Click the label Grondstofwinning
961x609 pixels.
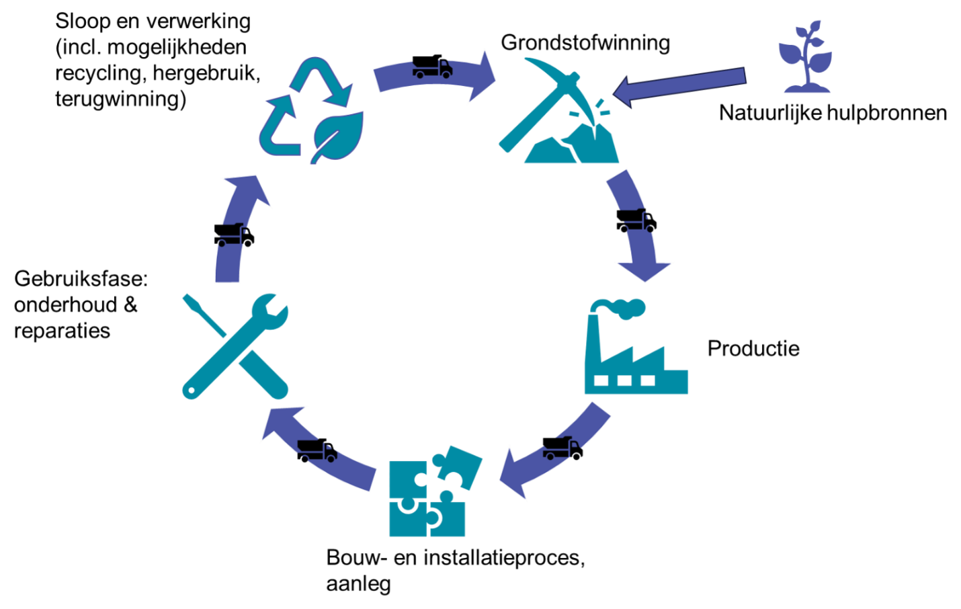(585, 43)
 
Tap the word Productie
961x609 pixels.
(753, 348)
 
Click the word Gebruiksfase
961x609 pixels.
(81, 279)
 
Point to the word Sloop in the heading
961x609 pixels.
(83, 22)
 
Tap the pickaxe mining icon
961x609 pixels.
(558, 110)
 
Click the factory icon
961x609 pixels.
(636, 346)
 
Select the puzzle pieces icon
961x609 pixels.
(435, 491)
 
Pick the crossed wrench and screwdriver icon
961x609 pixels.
(235, 346)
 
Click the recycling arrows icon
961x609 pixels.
(311, 110)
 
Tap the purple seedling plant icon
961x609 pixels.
(806, 56)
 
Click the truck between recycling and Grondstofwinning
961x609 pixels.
(433, 67)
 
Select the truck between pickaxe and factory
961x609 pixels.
(636, 220)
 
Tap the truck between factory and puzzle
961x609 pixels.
(562, 448)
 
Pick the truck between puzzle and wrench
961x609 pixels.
(317, 450)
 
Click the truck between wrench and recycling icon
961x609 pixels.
(235, 235)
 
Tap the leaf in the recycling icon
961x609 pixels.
(337, 137)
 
